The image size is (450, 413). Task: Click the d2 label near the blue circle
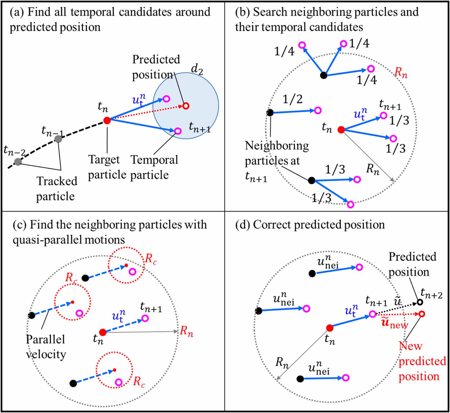197,69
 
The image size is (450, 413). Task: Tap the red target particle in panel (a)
107,120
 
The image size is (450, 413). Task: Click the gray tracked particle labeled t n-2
18,162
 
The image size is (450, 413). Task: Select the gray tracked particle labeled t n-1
58,139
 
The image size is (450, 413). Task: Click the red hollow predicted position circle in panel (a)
186,106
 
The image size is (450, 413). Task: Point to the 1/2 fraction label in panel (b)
292,99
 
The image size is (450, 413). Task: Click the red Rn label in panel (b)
401,73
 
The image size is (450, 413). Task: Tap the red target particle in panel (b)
341,130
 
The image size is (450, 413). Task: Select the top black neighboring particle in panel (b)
324,75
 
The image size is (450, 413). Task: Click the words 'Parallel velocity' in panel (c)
46,347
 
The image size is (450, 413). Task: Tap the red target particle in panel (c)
103,332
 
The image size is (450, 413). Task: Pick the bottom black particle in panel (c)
73,383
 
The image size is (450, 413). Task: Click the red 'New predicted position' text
422,361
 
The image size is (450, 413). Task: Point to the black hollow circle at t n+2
420,302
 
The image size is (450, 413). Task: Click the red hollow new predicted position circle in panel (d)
422,314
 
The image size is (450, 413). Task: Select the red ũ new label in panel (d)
394,323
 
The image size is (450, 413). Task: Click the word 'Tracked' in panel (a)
57,181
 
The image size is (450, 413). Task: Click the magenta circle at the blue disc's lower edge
178,131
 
